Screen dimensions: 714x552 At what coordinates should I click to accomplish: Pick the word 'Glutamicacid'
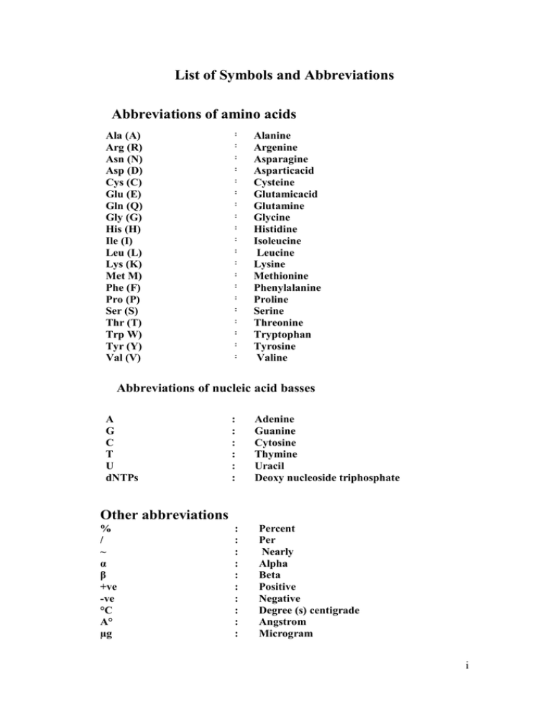coord(285,194)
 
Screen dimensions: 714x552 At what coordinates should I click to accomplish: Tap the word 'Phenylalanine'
coord(287,287)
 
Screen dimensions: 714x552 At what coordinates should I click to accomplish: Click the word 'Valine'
coord(276,358)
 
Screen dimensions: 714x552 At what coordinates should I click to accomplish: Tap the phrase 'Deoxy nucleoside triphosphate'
coord(328,477)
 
